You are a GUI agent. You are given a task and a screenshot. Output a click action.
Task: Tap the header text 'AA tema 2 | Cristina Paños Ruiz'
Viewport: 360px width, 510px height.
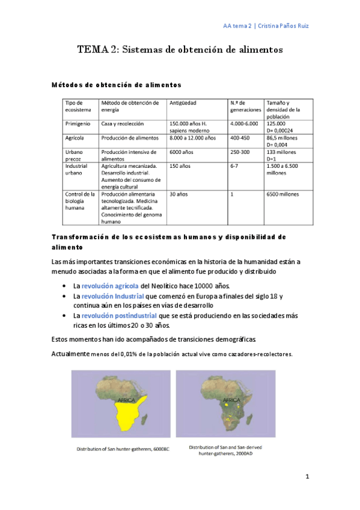[266, 26]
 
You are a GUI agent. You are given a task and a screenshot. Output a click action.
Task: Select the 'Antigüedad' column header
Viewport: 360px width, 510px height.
[183, 103]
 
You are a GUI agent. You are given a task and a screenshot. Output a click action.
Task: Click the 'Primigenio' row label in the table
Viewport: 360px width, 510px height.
[78, 124]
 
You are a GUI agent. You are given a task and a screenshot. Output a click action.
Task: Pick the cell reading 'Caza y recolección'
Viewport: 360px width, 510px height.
[123, 124]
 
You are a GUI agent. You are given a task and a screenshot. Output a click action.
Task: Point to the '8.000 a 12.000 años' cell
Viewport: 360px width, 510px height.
[192, 138]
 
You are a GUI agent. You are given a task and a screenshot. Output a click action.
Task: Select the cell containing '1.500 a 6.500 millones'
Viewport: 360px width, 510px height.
[283, 170]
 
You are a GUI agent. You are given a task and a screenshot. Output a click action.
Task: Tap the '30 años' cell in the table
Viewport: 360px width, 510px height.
[178, 194]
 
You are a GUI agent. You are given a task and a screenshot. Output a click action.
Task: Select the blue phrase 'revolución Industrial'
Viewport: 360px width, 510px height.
[112, 296]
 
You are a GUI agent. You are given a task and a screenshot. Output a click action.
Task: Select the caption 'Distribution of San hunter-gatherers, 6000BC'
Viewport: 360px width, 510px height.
[123, 449]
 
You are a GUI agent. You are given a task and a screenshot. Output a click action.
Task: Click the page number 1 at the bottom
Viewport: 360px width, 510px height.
[307, 477]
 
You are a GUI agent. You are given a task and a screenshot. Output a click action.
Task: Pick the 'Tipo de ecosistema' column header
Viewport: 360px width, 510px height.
[79, 106]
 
